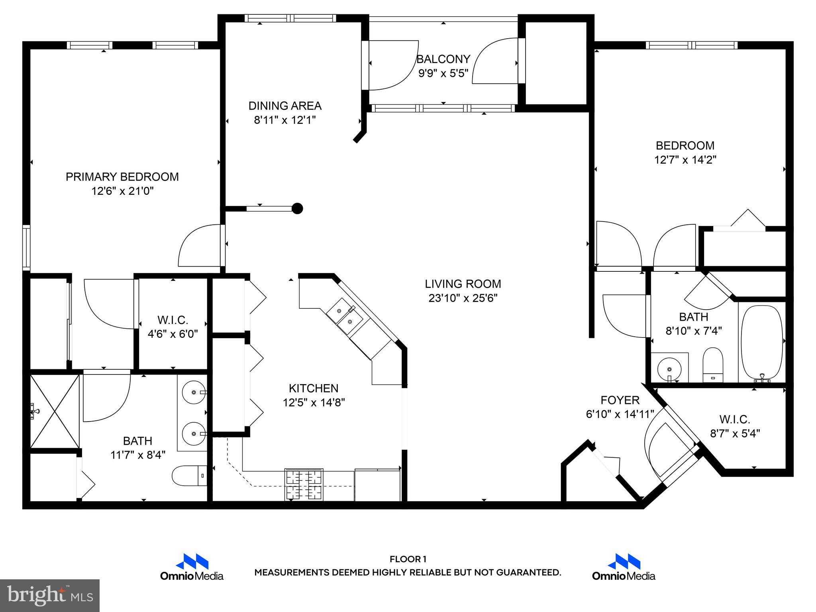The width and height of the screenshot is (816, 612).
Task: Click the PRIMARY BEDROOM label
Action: click(x=122, y=177)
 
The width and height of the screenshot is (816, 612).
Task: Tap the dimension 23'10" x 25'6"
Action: click(x=463, y=298)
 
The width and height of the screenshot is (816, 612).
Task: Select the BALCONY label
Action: click(x=443, y=59)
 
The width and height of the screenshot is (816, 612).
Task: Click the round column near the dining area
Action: click(x=297, y=208)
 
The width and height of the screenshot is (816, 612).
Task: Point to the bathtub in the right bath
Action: click(x=761, y=342)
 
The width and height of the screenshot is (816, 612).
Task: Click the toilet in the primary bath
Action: click(x=189, y=475)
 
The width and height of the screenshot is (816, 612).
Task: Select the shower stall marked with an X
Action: click(x=55, y=411)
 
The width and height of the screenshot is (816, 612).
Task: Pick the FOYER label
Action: click(x=620, y=400)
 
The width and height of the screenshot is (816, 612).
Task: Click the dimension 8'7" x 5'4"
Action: click(x=735, y=433)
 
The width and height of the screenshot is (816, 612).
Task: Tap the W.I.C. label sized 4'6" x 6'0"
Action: click(x=173, y=320)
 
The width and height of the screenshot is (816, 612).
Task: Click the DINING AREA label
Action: click(x=284, y=106)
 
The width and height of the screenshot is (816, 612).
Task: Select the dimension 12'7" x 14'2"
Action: click(x=685, y=160)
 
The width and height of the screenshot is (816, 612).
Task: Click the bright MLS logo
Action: click(x=50, y=596)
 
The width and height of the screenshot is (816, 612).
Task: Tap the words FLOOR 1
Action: click(x=408, y=559)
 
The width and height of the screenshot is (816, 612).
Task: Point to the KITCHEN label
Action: click(x=314, y=388)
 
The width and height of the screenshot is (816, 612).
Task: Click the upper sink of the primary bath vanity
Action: click(x=194, y=392)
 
